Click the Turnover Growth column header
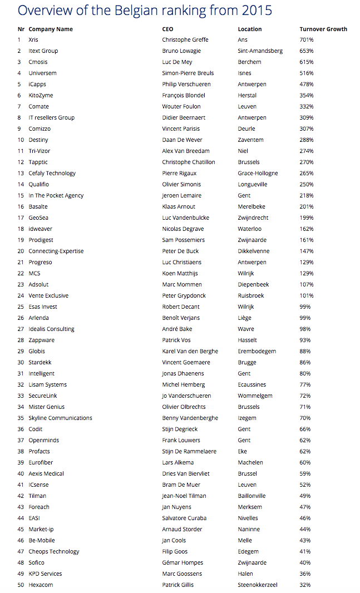323,29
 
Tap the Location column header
249,29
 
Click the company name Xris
33,40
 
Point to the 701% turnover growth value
307,40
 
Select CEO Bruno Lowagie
181,51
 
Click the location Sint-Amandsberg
260,51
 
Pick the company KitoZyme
41,96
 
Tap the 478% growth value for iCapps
307,85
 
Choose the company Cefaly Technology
52,174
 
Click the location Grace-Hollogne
258,174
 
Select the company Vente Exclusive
48,296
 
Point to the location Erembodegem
257,352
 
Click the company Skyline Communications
60,418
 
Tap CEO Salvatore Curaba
184,518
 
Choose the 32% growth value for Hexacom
305,585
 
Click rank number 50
21,585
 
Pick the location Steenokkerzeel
257,585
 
